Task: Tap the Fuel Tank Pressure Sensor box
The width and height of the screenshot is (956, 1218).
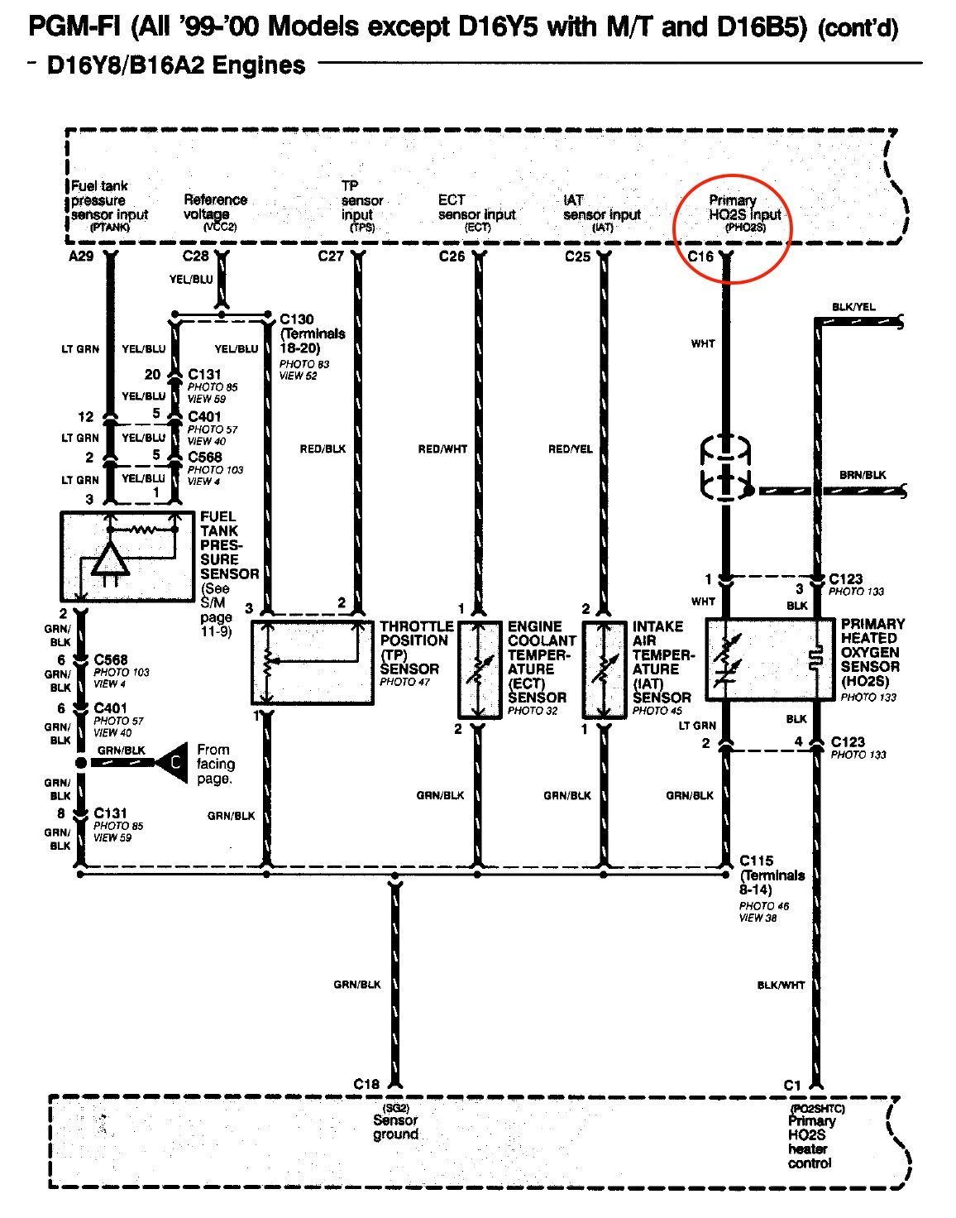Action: point(121,556)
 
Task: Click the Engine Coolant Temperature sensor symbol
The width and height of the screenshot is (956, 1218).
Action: point(478,669)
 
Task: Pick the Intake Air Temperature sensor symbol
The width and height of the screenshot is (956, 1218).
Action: point(604,669)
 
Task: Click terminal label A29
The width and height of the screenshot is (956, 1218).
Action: point(81,257)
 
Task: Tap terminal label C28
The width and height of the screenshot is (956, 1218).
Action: point(195,257)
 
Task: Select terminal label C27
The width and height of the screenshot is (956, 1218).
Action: point(331,257)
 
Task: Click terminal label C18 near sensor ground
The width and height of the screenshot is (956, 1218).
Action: point(366,1084)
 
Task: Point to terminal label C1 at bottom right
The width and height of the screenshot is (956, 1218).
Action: point(793,1084)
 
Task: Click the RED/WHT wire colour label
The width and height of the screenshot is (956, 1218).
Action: point(442,449)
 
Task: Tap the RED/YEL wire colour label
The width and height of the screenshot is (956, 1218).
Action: point(571,449)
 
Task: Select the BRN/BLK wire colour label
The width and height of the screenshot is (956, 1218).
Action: point(863,475)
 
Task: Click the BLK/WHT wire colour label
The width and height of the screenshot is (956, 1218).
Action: point(781,985)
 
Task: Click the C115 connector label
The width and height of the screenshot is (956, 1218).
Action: point(757,861)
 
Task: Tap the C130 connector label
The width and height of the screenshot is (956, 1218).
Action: point(297,319)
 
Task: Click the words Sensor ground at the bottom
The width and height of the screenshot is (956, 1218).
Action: point(395,1127)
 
